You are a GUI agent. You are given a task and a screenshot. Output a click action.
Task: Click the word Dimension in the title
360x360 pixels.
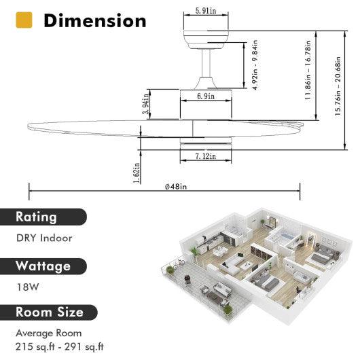click(x=94, y=20)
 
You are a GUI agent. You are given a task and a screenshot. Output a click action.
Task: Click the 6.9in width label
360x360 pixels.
click(x=205, y=97)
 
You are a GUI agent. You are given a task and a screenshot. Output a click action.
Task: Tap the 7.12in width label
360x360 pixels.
click(x=205, y=156)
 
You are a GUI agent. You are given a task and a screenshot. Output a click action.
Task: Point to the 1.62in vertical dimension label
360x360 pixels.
click(x=138, y=173)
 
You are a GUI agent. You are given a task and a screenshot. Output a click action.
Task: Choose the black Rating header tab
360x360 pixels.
click(x=46, y=217)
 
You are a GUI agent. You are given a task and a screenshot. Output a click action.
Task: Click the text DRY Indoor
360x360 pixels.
click(x=44, y=238)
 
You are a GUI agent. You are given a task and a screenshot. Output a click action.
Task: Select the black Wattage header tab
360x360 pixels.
click(x=50, y=266)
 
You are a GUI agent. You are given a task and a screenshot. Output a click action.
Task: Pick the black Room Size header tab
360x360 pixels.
click(x=50, y=312)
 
